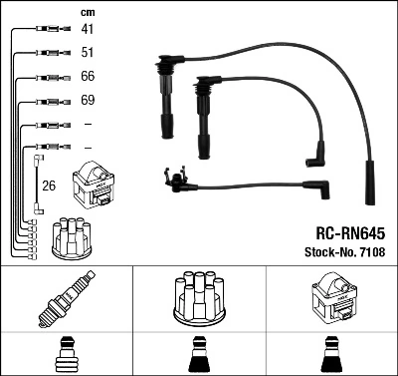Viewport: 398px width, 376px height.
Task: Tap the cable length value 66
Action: (87, 77)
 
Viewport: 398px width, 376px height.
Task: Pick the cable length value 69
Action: (87, 101)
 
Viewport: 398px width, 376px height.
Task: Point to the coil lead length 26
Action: (48, 185)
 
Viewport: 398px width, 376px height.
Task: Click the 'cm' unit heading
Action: (86, 12)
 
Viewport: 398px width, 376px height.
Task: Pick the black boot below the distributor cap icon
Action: (199, 355)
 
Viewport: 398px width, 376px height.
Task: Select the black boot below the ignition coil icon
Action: (331, 355)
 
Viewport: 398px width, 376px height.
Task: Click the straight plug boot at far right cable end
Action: (371, 184)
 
